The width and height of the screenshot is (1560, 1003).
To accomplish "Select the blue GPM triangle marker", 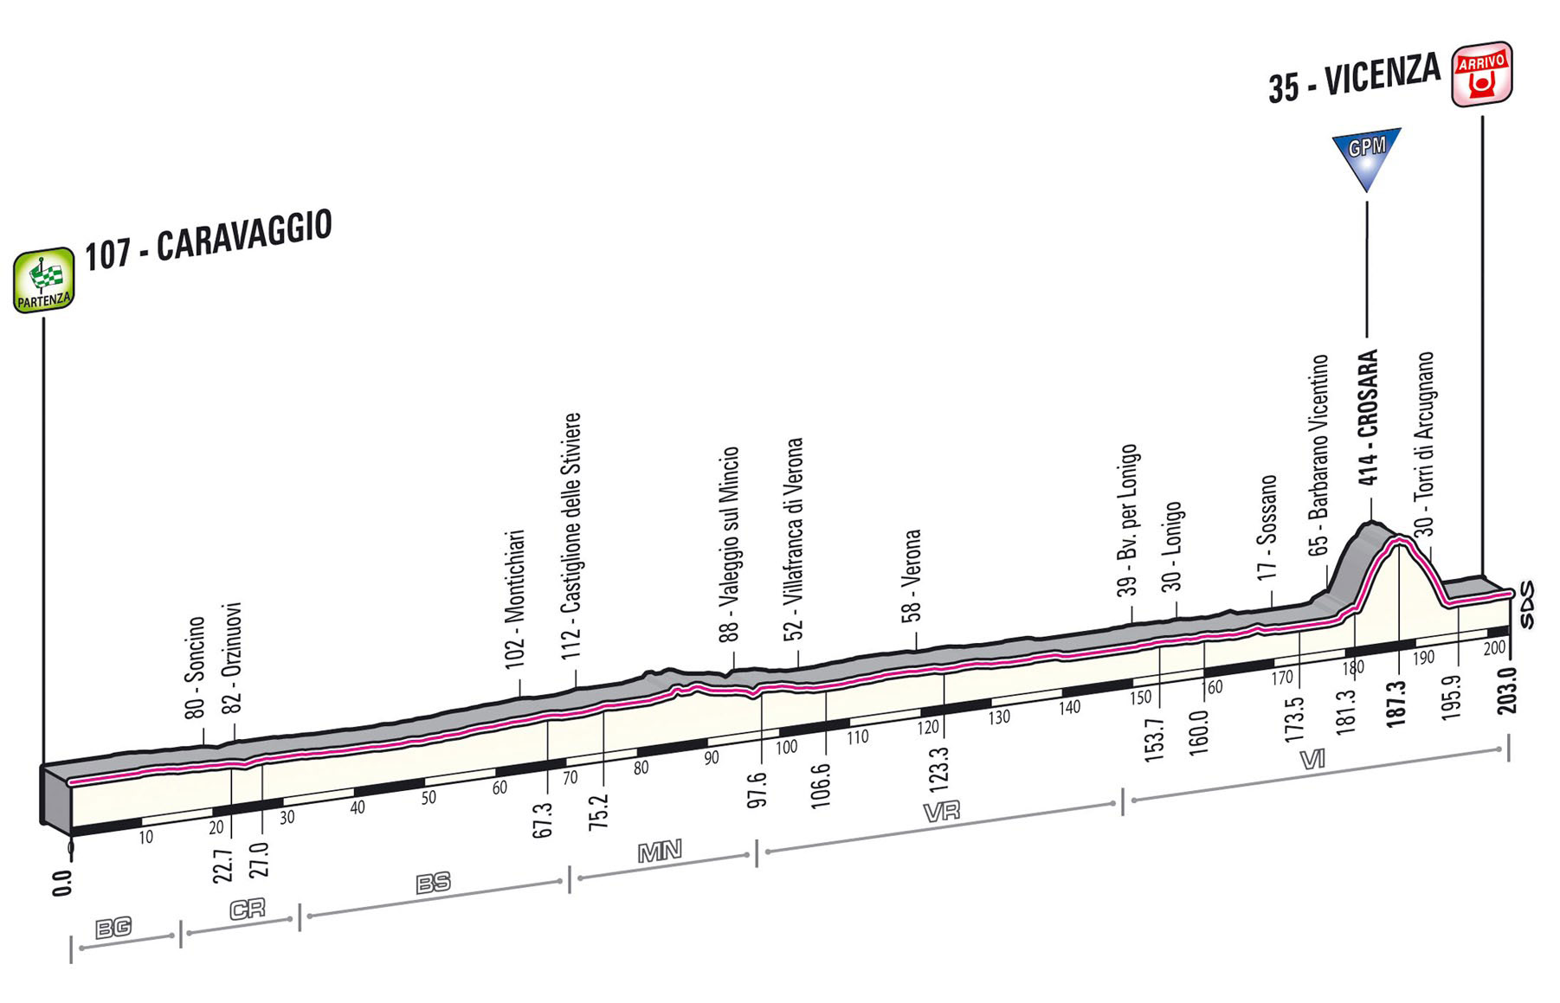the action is [x=1367, y=159].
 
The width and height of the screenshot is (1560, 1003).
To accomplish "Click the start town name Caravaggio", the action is [x=243, y=236].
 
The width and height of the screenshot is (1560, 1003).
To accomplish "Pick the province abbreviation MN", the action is [x=660, y=852].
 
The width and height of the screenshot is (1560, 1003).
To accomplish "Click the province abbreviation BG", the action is [x=113, y=928].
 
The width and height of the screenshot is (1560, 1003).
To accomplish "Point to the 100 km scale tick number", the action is [x=786, y=747].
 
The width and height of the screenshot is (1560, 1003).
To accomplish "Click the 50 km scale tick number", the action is [x=428, y=798].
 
